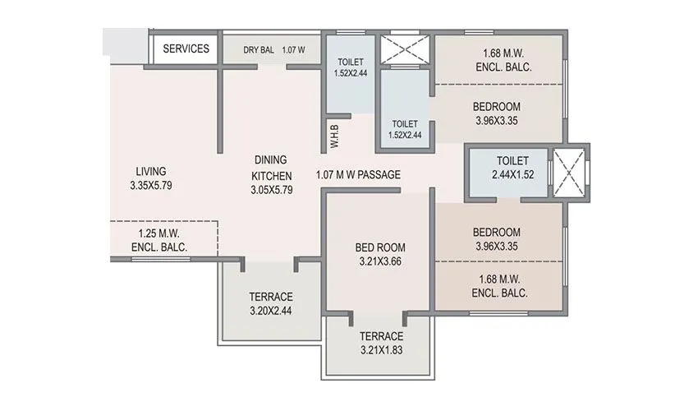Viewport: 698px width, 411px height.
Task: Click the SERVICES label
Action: pyautogui.click(x=186, y=48)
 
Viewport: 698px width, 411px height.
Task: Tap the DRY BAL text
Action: pyautogui.click(x=259, y=49)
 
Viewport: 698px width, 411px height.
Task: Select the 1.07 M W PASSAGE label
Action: pyautogui.click(x=358, y=174)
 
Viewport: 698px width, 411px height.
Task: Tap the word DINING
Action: pyautogui.click(x=271, y=161)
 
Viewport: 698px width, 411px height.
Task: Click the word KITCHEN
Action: pyautogui.click(x=271, y=175)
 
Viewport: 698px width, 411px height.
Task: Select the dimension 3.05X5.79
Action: pyautogui.click(x=271, y=190)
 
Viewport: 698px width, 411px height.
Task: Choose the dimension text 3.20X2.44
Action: pyautogui.click(x=271, y=312)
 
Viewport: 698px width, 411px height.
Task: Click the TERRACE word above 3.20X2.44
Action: pyautogui.click(x=271, y=297)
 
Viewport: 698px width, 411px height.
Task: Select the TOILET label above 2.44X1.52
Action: pyautogui.click(x=512, y=161)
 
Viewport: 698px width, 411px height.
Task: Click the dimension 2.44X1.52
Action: pyautogui.click(x=512, y=176)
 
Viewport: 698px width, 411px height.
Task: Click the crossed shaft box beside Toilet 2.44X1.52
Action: pyautogui.click(x=568, y=173)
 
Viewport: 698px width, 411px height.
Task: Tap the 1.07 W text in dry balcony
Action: pyautogui.click(x=294, y=49)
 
